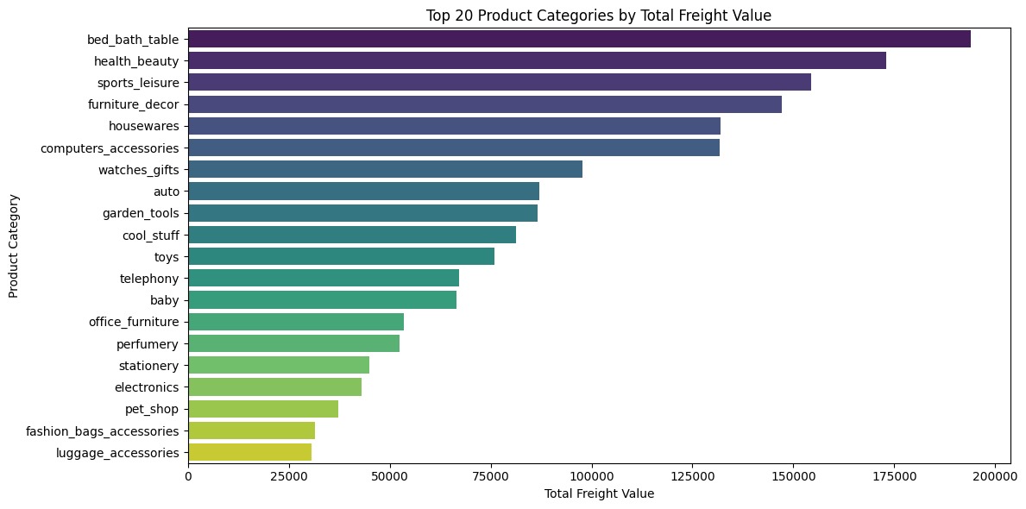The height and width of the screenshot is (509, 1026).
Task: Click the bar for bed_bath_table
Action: (x=579, y=39)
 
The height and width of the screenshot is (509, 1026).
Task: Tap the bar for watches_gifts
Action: (x=385, y=169)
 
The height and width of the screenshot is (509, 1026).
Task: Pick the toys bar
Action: (x=341, y=256)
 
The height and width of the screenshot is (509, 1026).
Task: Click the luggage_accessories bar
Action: (x=249, y=452)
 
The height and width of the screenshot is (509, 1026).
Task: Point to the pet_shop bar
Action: (x=263, y=409)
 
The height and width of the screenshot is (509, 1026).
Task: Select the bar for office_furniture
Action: (x=296, y=322)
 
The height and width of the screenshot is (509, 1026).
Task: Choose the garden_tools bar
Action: (x=362, y=213)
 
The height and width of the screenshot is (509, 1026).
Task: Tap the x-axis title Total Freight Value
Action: (x=599, y=494)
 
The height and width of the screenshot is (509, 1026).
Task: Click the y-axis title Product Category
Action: (x=14, y=245)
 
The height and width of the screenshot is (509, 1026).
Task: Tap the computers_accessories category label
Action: (x=110, y=148)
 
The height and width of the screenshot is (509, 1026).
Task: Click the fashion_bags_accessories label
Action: (x=102, y=430)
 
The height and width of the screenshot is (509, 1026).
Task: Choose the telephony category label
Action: (x=149, y=279)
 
